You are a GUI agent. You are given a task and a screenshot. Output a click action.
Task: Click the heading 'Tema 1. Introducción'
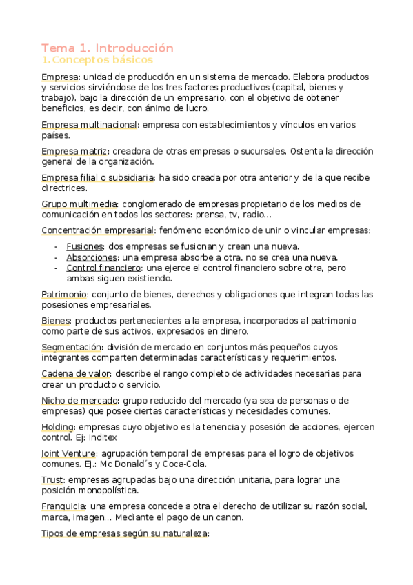click(x=108, y=48)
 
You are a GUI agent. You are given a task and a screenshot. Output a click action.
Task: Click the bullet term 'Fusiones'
click(x=85, y=246)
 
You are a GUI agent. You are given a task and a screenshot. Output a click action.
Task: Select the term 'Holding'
click(x=57, y=426)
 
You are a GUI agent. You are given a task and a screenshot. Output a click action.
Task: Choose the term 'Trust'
click(x=52, y=479)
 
